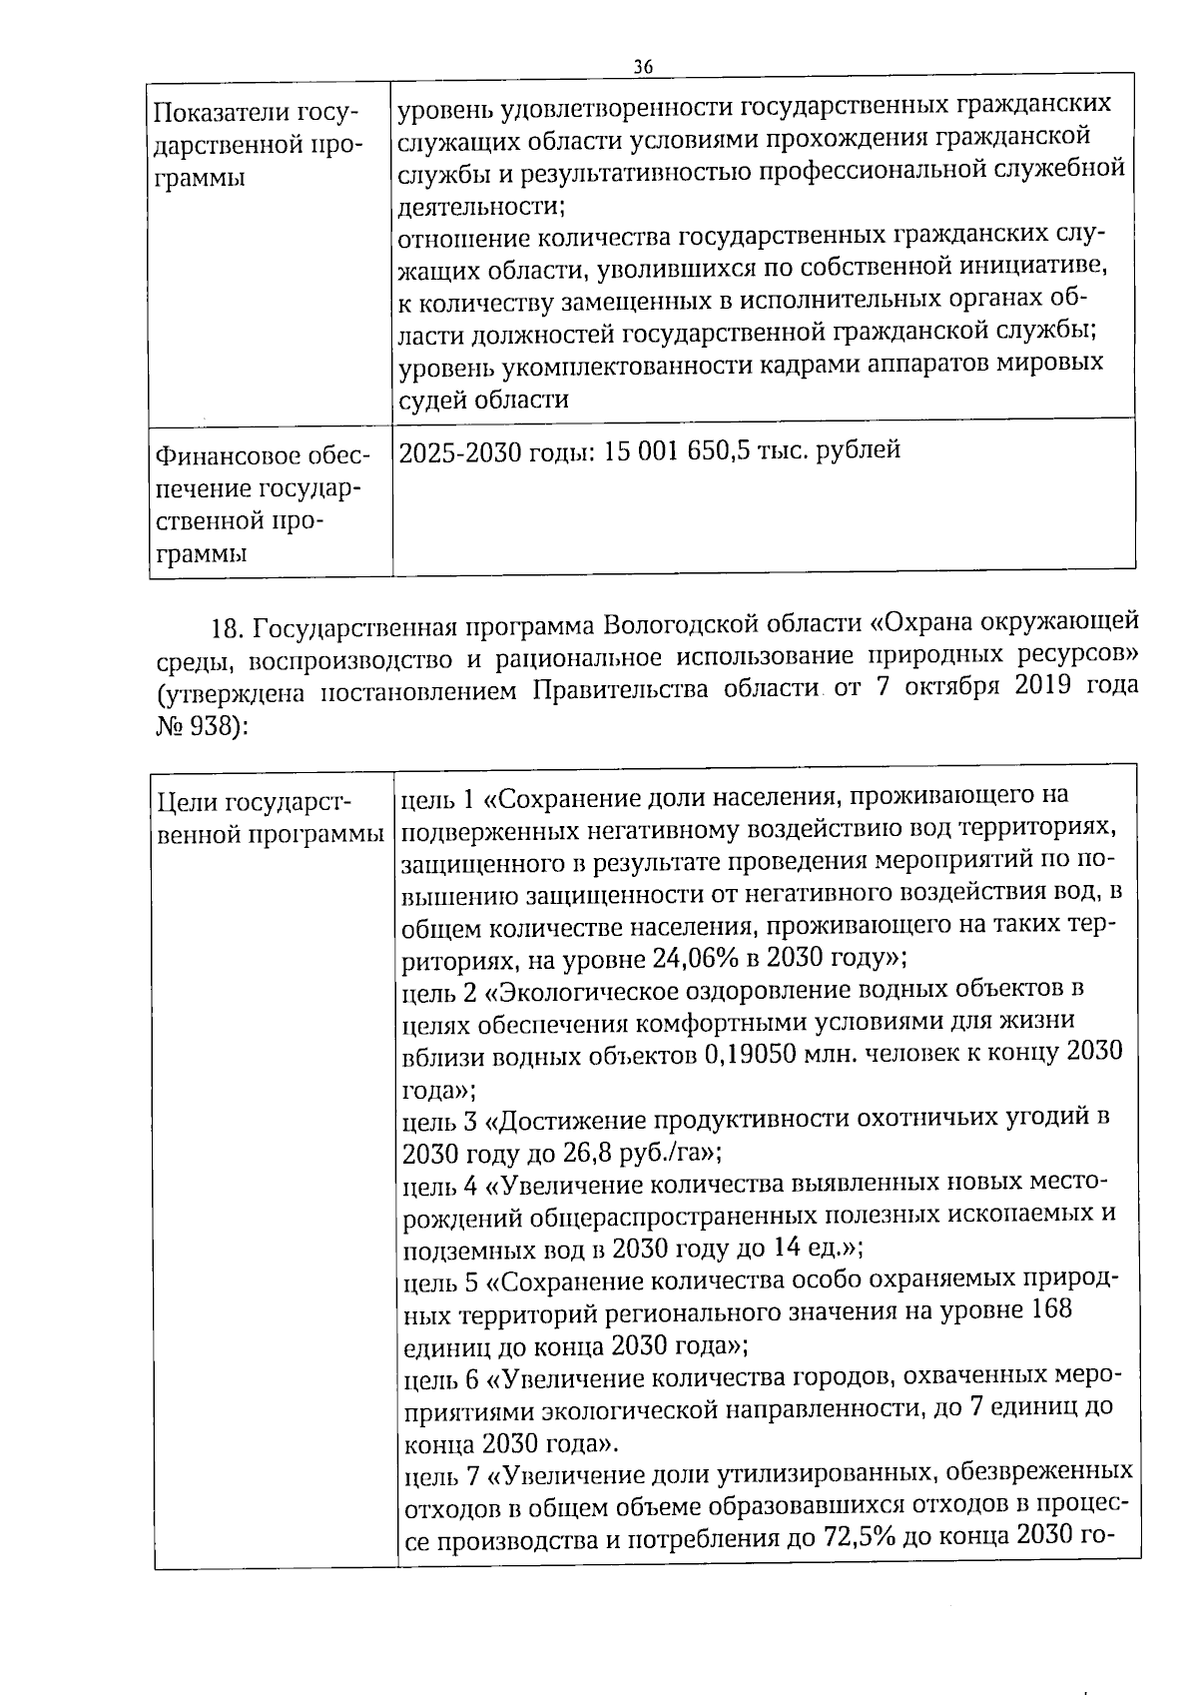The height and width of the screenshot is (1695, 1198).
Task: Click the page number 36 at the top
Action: tap(643, 66)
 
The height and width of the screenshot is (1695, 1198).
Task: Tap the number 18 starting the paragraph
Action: tap(227, 626)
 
